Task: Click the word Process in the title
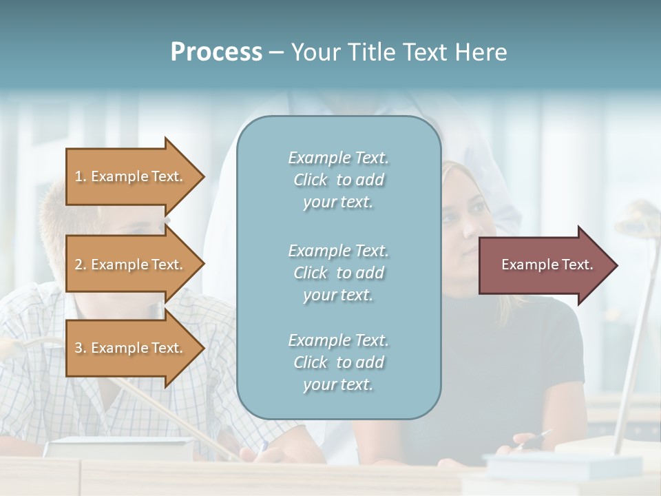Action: click(x=216, y=52)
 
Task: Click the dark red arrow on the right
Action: click(x=544, y=265)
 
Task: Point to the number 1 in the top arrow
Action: click(x=78, y=176)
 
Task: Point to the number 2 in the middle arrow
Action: click(x=78, y=265)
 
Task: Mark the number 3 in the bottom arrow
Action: click(x=78, y=348)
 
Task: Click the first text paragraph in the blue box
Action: click(x=338, y=180)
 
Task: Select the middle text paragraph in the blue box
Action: click(x=338, y=273)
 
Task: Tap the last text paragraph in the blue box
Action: click(x=338, y=362)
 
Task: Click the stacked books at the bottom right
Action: click(x=565, y=465)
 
